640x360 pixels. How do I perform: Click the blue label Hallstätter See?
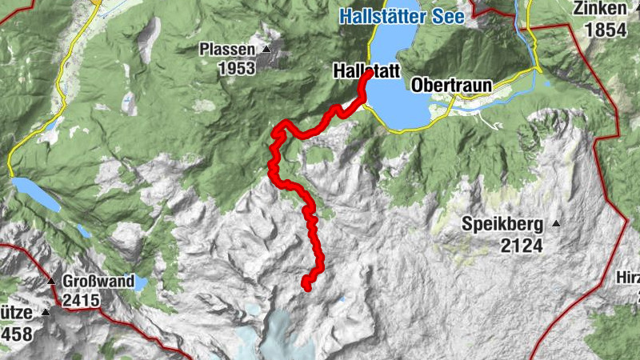pyautogui.click(x=401, y=15)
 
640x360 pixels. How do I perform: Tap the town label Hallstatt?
pyautogui.click(x=366, y=72)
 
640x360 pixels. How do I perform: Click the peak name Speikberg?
pyautogui.click(x=503, y=225)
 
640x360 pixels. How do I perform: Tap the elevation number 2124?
pyautogui.click(x=522, y=245)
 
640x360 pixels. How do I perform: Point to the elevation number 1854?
pyautogui.click(x=606, y=30)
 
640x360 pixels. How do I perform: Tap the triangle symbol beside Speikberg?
pyautogui.click(x=556, y=223)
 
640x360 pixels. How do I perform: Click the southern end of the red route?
pyautogui.click(x=306, y=283)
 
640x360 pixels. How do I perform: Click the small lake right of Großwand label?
pyautogui.click(x=140, y=282)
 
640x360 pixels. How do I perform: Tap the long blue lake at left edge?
pyautogui.click(x=36, y=195)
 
